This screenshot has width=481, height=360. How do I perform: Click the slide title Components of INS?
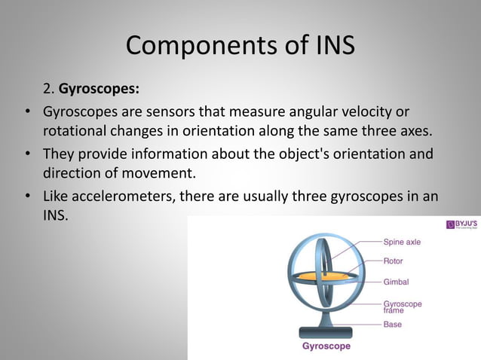pyautogui.click(x=240, y=46)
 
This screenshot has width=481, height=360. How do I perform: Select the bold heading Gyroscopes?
pyautogui.click(x=99, y=88)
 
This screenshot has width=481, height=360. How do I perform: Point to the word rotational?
pyautogui.click(x=76, y=131)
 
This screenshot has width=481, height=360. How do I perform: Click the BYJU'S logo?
pyautogui.click(x=461, y=225)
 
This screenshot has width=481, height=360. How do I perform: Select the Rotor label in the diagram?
pyautogui.click(x=393, y=261)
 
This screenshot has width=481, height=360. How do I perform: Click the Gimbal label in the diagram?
pyautogui.click(x=396, y=282)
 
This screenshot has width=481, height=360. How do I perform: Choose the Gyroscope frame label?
pyautogui.click(x=403, y=307)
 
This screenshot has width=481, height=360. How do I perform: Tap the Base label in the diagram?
pyautogui.click(x=392, y=325)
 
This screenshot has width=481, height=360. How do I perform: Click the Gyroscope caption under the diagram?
pyautogui.click(x=326, y=347)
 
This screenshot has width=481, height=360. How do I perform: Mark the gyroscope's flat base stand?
pyautogui.click(x=325, y=331)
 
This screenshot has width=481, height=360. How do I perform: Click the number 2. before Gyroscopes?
pyautogui.click(x=49, y=88)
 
